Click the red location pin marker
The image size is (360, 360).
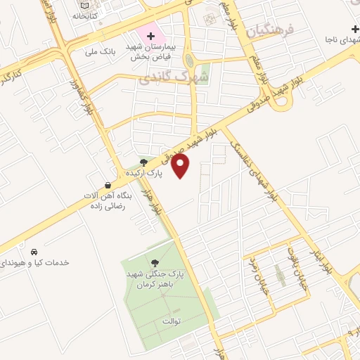(x=181, y=166)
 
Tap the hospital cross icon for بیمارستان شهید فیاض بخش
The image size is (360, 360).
(x=150, y=35)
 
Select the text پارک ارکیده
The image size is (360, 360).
(x=145, y=172)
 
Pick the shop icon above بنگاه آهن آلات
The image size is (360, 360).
(x=107, y=185)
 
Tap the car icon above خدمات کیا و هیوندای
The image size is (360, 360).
(x=34, y=252)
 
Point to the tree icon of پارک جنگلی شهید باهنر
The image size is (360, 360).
(x=155, y=263)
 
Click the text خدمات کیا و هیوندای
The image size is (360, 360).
(x=34, y=262)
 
